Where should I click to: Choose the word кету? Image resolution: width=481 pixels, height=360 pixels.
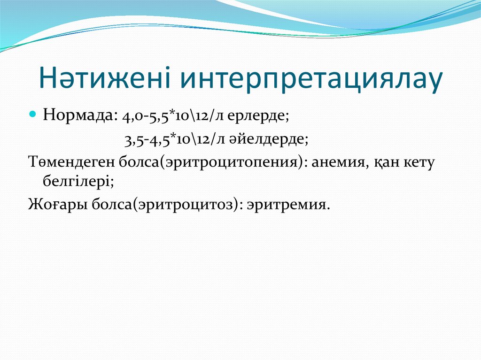[x=419, y=163]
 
